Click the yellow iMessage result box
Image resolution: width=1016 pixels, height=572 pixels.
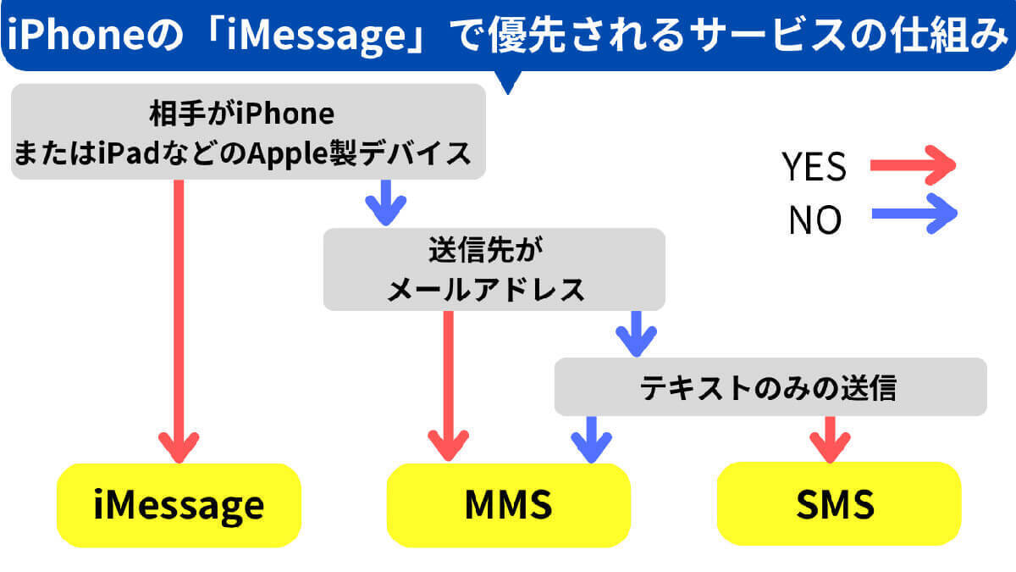tap(179, 506)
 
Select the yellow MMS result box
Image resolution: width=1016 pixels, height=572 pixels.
tap(508, 506)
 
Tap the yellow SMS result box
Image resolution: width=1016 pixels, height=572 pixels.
tap(838, 506)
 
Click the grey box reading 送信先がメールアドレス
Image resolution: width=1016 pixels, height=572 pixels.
tap(494, 269)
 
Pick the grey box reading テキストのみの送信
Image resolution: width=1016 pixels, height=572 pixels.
tap(770, 387)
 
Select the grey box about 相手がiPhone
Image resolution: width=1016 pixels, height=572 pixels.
tap(247, 132)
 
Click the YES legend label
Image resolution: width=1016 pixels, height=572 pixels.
tap(814, 167)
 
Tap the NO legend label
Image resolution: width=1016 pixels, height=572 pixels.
tap(814, 219)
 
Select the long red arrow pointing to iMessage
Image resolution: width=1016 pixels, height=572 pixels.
tap(179, 322)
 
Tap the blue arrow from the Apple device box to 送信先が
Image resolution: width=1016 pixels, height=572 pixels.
tap(385, 202)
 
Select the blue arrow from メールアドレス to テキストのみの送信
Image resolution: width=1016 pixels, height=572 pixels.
tap(636, 333)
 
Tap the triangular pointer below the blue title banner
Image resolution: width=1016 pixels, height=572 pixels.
tap(509, 82)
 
